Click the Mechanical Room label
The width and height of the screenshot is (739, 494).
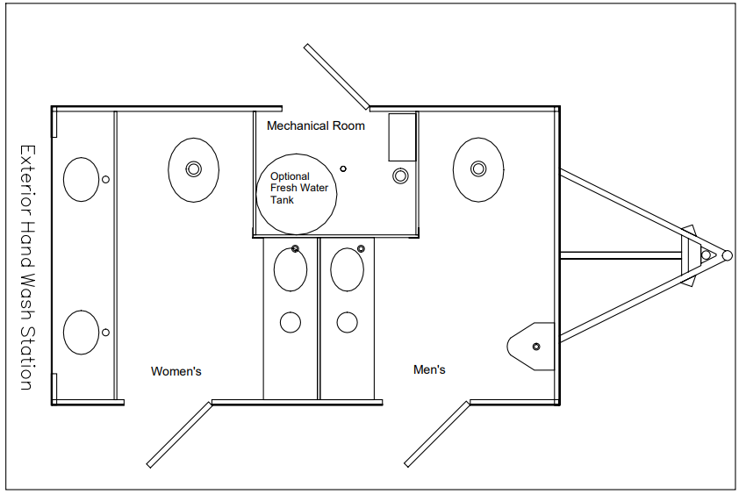click(x=316, y=125)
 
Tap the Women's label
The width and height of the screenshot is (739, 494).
click(x=176, y=371)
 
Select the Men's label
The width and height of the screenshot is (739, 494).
click(x=429, y=369)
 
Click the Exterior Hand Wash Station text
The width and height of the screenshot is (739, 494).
click(x=27, y=268)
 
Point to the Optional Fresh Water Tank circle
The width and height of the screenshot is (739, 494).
click(x=297, y=194)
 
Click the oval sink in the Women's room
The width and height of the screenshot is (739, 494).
click(x=194, y=169)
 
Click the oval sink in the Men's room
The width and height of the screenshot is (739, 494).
click(x=478, y=169)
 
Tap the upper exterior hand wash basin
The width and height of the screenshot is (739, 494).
click(x=82, y=179)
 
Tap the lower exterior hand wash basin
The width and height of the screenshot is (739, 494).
click(x=82, y=333)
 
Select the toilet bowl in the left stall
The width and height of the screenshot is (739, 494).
click(x=291, y=269)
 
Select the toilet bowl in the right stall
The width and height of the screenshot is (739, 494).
click(x=348, y=269)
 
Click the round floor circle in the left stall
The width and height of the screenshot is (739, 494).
click(x=291, y=322)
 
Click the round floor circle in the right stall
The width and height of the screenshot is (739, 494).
click(x=348, y=322)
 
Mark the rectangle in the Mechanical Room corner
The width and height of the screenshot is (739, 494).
click(x=403, y=137)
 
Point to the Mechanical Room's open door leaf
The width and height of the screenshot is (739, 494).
click(x=336, y=76)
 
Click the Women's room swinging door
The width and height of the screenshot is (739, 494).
click(x=180, y=434)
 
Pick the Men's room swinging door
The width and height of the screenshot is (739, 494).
click(x=437, y=434)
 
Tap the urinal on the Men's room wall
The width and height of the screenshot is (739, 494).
click(x=531, y=347)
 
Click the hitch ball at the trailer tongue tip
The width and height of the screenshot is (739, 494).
click(x=728, y=255)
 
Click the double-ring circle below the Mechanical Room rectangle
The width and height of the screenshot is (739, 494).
click(x=400, y=176)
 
